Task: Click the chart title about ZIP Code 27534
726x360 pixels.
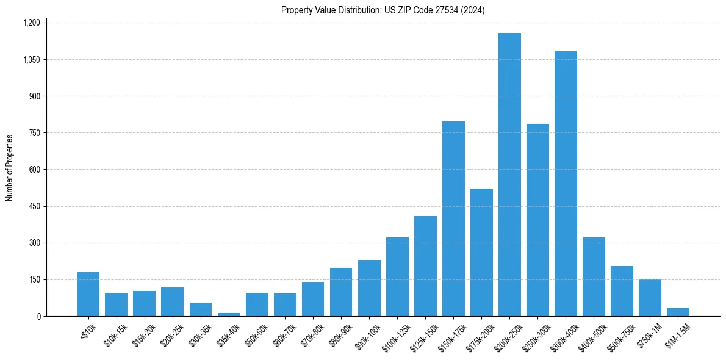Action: click(383, 10)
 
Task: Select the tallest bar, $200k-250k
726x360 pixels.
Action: click(509, 175)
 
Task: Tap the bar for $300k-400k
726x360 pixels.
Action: click(566, 184)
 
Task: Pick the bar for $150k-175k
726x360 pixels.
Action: click(453, 218)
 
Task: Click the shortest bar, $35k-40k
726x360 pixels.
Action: click(229, 314)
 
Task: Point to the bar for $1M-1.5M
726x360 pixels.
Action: click(678, 312)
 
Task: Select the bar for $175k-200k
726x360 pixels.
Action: click(481, 252)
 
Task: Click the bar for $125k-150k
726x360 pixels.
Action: click(425, 266)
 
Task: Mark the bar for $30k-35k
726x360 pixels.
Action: click(201, 309)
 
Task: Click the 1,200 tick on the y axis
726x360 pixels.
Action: click(31, 23)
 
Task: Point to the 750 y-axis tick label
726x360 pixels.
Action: click(34, 133)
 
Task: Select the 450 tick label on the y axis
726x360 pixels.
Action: click(34, 206)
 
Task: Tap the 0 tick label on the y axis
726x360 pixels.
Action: click(38, 316)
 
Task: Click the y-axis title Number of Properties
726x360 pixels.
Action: click(10, 168)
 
